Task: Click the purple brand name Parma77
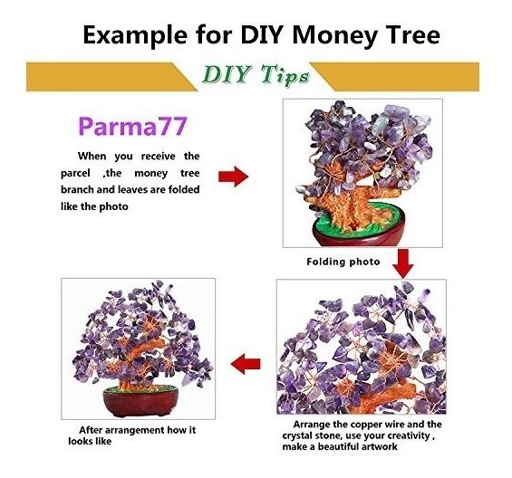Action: [x=132, y=126]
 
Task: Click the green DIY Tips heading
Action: [x=256, y=75]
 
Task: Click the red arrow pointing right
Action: [x=233, y=177]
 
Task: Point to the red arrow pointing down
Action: [x=402, y=263]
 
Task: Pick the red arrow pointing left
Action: [x=246, y=363]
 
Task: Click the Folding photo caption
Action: [x=343, y=262]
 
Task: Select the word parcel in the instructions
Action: [x=75, y=174]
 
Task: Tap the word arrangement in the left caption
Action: [x=136, y=430]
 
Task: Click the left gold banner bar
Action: [x=111, y=77]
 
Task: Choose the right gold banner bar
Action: [x=394, y=77]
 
